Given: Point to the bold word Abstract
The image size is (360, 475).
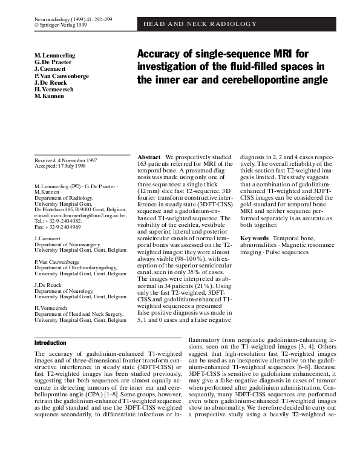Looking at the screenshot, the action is click(149, 157).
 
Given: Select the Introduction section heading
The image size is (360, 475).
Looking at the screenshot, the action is click(50, 342).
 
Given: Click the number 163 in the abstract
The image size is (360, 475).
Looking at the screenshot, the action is click(146, 163).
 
